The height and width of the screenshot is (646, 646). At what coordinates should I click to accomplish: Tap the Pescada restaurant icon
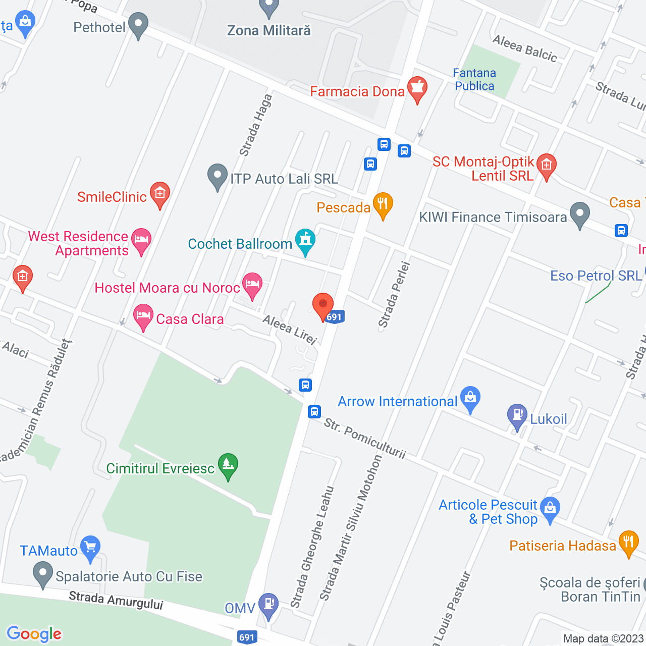point(383,205)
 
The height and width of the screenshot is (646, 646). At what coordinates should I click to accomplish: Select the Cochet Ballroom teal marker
point(305,241)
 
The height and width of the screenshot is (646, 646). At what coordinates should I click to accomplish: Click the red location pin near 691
point(323,306)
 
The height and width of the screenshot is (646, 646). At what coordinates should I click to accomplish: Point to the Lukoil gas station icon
point(517,416)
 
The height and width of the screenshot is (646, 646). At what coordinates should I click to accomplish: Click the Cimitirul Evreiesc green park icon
point(228,465)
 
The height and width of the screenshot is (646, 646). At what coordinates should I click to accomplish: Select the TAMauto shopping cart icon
point(90,548)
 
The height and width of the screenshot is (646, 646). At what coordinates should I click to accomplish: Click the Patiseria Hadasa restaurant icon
point(628,543)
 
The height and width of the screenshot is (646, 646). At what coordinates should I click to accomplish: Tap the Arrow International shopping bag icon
point(470,399)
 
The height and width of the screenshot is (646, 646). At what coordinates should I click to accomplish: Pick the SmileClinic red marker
point(160,194)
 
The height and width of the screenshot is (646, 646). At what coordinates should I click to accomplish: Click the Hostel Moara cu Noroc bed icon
point(252,285)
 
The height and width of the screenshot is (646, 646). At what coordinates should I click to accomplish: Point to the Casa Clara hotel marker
point(143,316)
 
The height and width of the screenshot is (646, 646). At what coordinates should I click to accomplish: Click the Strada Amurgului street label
point(116,601)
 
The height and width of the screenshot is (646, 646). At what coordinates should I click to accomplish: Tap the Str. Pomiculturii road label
point(364,438)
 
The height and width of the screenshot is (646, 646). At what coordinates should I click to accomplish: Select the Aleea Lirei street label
point(290,330)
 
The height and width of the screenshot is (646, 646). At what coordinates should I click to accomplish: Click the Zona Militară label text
point(269,31)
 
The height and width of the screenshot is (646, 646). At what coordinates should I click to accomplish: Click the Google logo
point(34,634)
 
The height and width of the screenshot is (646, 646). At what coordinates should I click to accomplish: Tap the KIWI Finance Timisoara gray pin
point(580,214)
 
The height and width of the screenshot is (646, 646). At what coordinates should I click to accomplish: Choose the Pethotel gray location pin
point(138,25)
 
